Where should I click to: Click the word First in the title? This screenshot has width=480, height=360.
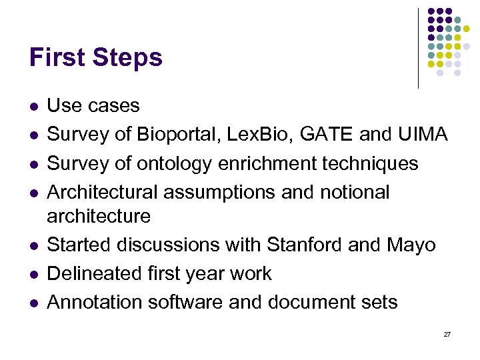[57, 58]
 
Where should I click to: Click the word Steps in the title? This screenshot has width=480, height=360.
[127, 58]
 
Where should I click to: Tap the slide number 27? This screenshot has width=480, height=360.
[447, 334]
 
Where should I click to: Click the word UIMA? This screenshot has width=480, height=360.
[423, 135]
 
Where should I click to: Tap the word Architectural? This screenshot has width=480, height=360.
[105, 192]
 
